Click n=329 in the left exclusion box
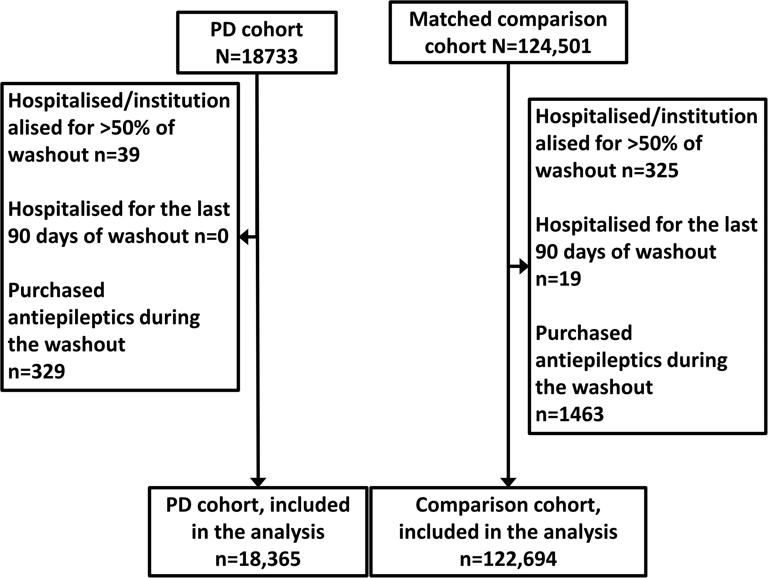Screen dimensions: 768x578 [x=36, y=371]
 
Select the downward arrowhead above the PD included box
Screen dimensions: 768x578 [x=258, y=482]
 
